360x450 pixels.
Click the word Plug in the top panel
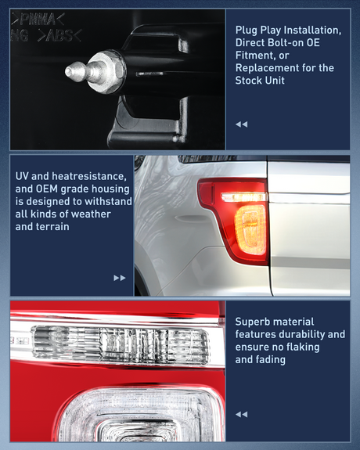[246, 31]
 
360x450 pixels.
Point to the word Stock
[248, 81]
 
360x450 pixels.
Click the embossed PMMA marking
[38, 20]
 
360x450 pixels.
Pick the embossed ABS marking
[59, 35]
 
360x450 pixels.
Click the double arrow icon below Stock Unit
[242, 124]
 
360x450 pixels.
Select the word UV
[22, 176]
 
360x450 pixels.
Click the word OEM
[47, 189]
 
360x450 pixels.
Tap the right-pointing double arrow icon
[120, 278]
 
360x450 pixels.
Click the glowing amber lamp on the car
[250, 229]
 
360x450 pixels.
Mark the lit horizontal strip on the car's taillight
[244, 197]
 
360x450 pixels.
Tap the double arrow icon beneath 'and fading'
[242, 414]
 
